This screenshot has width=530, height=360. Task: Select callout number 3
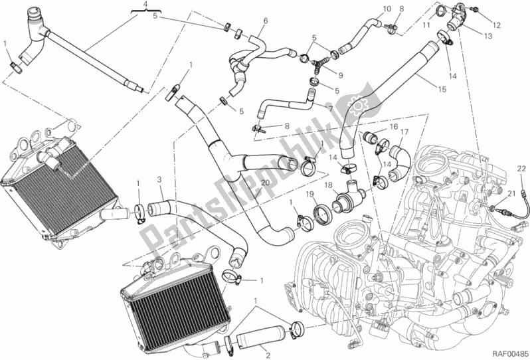[x=159, y=179]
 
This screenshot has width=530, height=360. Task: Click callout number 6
[x=264, y=21]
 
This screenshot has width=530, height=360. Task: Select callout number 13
[x=489, y=37]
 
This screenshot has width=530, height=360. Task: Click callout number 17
[x=403, y=132]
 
